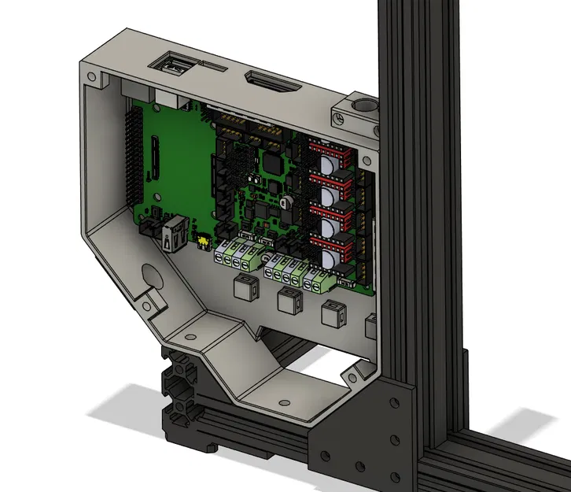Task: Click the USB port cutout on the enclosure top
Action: coord(175,65)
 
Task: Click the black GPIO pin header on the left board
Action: coord(132,154)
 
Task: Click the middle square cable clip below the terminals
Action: coord(289,300)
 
